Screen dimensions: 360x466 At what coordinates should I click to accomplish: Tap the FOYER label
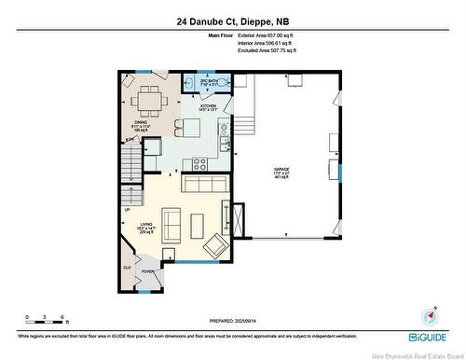pyautogui.click(x=147, y=272)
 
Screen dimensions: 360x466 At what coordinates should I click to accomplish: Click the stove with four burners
pyautogui.click(x=199, y=164)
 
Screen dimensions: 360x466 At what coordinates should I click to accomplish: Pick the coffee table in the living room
pyautogui.click(x=197, y=226)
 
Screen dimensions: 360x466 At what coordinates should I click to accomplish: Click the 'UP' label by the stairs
pyautogui.click(x=127, y=209)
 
